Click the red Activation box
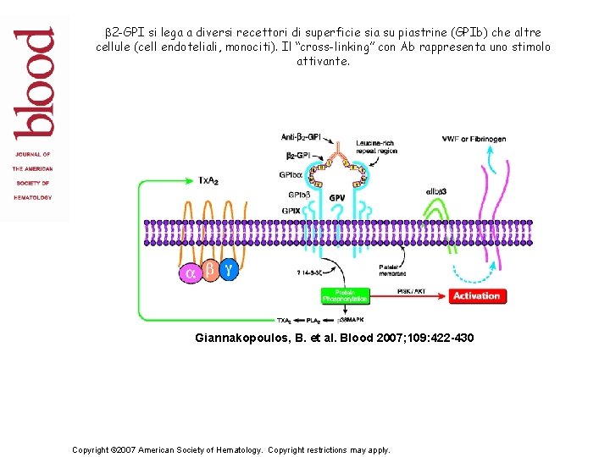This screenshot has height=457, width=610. pyautogui.click(x=476, y=296)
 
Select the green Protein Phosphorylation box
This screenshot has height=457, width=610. pyautogui.click(x=345, y=295)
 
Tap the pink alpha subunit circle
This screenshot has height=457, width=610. pyautogui.click(x=190, y=273)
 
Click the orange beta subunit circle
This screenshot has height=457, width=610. pyautogui.click(x=209, y=272)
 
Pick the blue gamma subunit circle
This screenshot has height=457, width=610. pyautogui.click(x=229, y=270)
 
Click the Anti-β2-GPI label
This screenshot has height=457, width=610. pyautogui.click(x=301, y=137)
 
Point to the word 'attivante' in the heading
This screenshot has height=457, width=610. pyautogui.click(x=322, y=62)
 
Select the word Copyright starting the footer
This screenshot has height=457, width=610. pyautogui.click(x=94, y=449)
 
